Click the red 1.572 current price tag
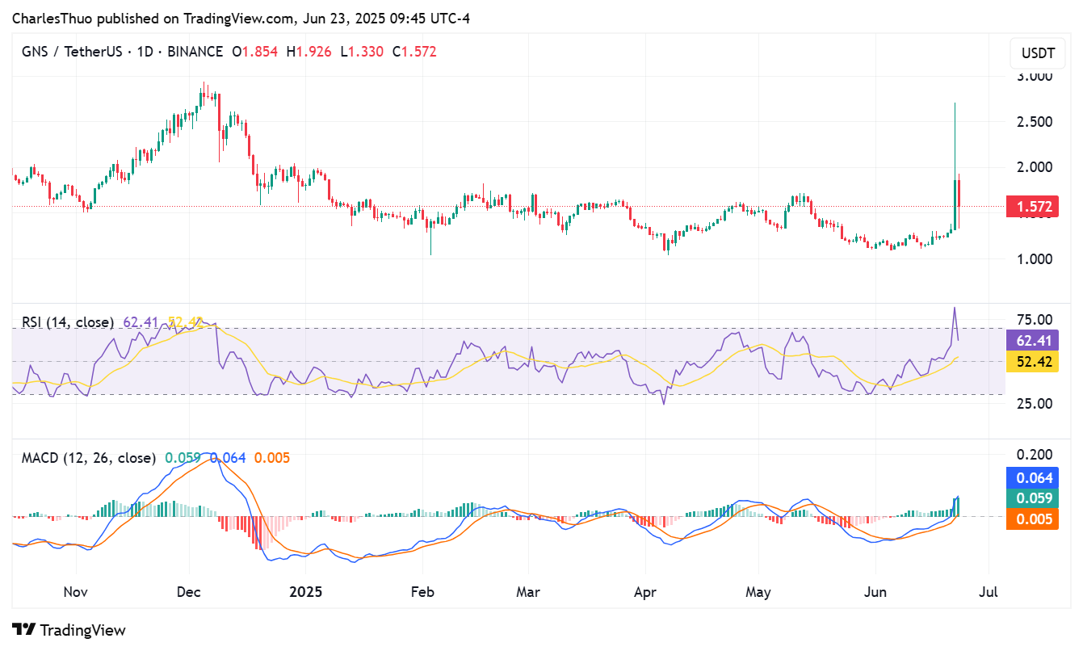coord(1034,207)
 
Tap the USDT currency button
coord(1038,54)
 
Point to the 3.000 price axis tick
coord(1034,77)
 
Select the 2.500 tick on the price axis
coord(1034,122)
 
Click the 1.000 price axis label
coord(1034,258)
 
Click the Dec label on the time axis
coord(188,592)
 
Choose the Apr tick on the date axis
coord(644,592)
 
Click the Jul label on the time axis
coord(988,592)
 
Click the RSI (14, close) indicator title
coord(68,322)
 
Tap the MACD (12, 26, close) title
coord(88,458)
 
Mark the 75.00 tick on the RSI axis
coord(1034,319)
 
